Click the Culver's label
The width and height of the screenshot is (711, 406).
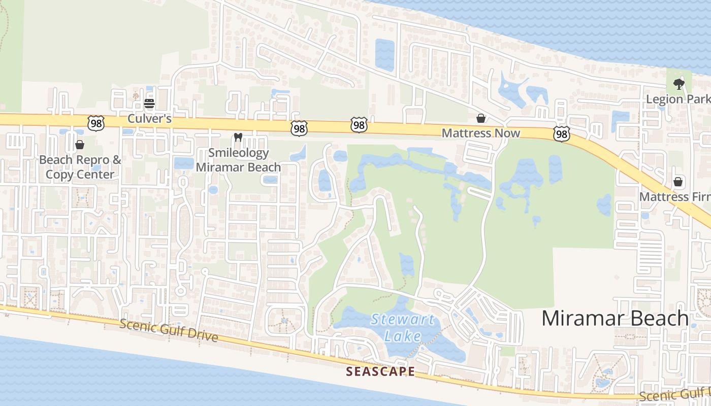149,119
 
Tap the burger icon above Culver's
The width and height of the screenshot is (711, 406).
149,104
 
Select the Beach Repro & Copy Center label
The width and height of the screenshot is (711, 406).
80,167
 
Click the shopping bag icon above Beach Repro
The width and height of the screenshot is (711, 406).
80,145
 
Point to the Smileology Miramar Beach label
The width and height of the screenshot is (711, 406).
238,159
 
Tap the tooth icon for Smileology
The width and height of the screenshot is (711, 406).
238,137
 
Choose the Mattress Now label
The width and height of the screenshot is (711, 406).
480,133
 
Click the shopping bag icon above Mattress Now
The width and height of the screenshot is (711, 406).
480,118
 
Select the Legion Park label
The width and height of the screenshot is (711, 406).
677,98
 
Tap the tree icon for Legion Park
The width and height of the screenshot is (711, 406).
678,83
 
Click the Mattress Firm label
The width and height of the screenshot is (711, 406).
674,196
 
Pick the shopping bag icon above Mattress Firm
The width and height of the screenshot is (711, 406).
678,182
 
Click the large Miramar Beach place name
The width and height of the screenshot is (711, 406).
615,318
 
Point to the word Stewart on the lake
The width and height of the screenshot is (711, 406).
402,320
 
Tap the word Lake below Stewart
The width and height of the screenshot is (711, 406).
402,336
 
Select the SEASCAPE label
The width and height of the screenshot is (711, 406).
380,371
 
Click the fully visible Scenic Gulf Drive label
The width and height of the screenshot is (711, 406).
168,330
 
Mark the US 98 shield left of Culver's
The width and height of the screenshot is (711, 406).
95,123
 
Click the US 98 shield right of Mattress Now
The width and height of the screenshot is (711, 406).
562,134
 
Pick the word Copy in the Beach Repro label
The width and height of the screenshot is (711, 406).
59,175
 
